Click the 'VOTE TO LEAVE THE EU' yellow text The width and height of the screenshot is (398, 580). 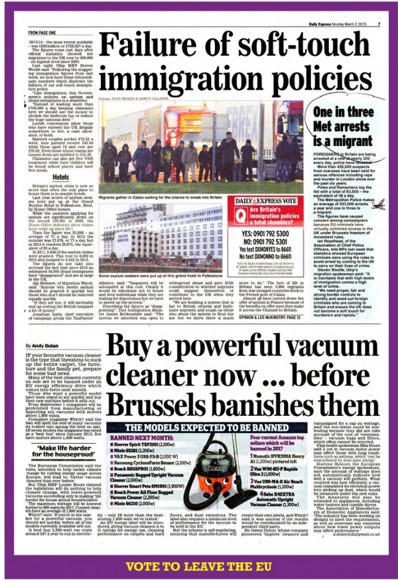coord(198,566)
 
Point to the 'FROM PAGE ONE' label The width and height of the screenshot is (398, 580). coord(42,31)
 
